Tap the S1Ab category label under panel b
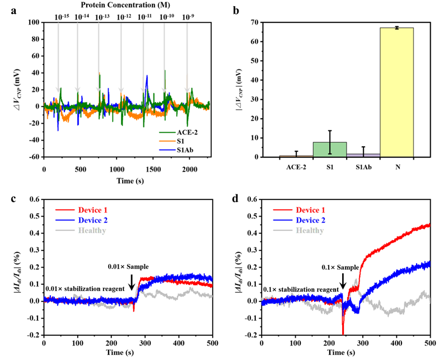click(361, 166)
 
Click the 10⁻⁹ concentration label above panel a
click(189, 17)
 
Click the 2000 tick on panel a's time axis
click(189, 166)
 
